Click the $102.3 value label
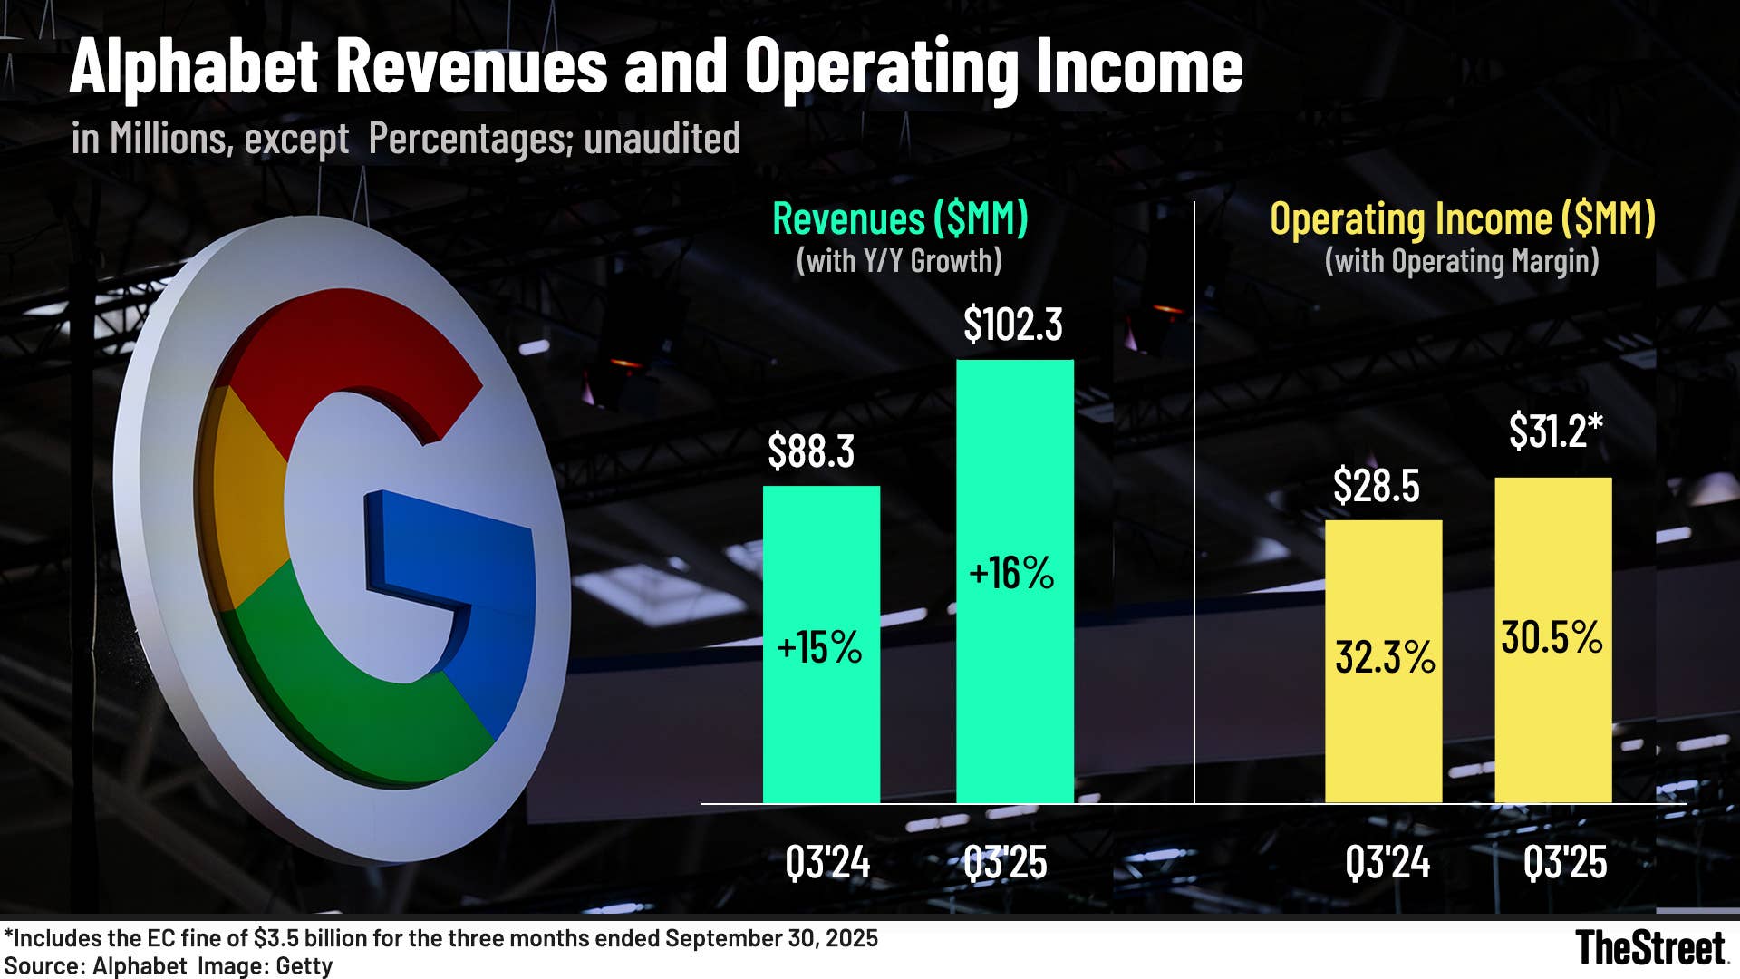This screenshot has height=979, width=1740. pos(1012,325)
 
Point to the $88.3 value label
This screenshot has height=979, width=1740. pos(810,451)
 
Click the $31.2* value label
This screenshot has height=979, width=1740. pos(1555,431)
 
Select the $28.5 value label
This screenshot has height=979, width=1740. pos(1376,487)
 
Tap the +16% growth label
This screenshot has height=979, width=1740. pos(1011,574)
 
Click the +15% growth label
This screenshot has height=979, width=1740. pos(819,648)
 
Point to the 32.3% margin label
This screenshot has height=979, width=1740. pos(1385,657)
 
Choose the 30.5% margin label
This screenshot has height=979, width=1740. pos(1551,637)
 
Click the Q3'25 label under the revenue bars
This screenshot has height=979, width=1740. pos(1004,862)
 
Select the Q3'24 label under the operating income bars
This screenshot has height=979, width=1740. pos(1387,862)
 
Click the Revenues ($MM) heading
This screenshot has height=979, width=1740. pos(900,219)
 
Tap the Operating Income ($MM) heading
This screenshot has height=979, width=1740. pos(1462,219)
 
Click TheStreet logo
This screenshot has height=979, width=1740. pos(1649,948)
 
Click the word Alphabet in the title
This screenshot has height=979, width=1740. pos(193,66)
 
